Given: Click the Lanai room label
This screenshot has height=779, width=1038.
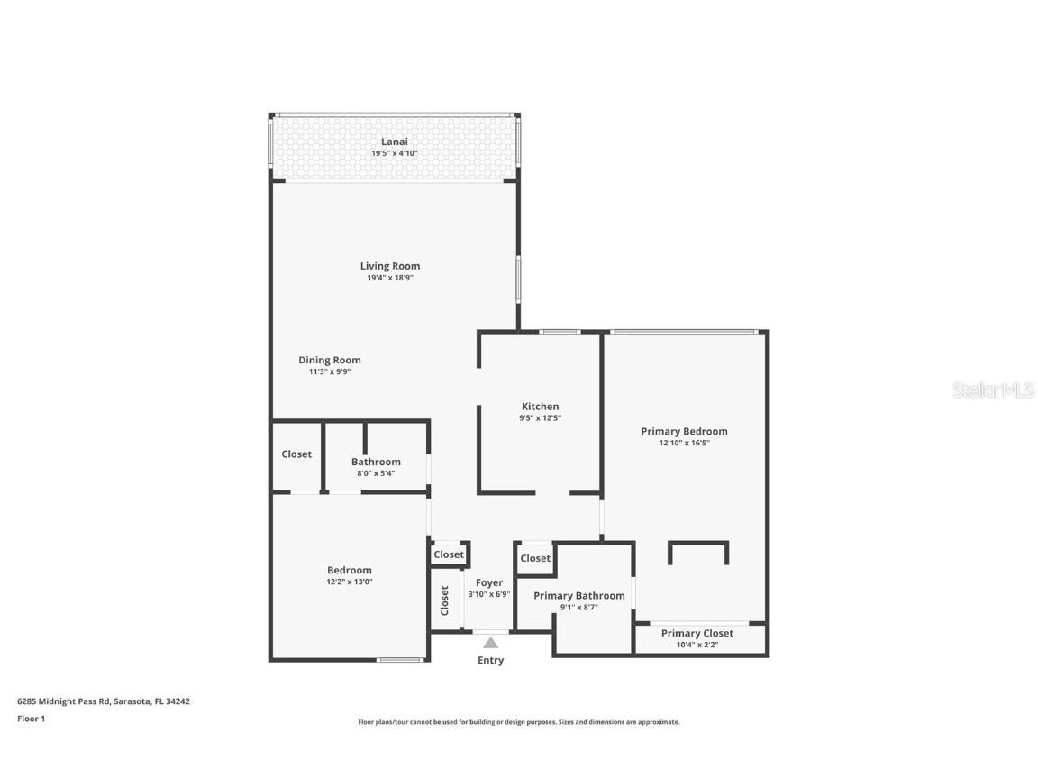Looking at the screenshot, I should [x=394, y=142].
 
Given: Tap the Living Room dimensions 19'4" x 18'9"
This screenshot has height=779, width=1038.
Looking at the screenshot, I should [x=389, y=278].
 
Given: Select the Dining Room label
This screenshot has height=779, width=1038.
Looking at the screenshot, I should [x=330, y=360].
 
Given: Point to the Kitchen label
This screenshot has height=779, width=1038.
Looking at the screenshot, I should [x=540, y=407].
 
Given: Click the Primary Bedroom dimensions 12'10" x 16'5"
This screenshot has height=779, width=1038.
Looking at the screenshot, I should [x=684, y=443].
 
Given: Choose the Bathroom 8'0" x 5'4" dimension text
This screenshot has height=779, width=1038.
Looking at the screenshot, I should [x=375, y=473].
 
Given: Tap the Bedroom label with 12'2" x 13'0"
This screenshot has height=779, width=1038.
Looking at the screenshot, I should [x=349, y=570].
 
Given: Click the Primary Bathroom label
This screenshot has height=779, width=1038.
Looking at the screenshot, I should [x=578, y=595].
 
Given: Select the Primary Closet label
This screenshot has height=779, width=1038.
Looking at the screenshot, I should [x=697, y=633].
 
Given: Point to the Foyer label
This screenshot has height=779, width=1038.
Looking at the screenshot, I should [x=489, y=582].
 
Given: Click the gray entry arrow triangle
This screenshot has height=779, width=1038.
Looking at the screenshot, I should [x=490, y=643].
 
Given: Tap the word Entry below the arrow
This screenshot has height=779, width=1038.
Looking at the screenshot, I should [x=490, y=660].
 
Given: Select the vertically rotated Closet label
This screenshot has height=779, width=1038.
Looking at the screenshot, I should [x=445, y=600].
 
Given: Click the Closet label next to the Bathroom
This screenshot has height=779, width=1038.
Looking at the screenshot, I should [x=296, y=454].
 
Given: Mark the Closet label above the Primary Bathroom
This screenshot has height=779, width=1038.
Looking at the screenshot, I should [x=535, y=558].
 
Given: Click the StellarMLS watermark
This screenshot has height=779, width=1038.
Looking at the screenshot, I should [x=992, y=390].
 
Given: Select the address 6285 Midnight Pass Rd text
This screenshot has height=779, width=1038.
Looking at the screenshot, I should [x=104, y=701].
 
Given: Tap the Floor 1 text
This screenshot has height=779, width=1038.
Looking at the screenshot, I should [x=31, y=719].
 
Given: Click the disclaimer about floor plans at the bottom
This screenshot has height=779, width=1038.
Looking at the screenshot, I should [x=518, y=722].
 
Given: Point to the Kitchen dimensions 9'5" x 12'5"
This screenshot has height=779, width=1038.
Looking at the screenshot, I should [x=540, y=418].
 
